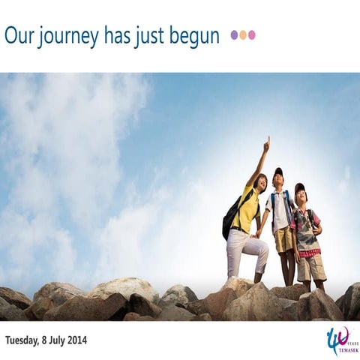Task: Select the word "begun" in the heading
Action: [194, 36]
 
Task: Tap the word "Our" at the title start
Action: [18, 36]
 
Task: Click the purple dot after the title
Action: [235, 34]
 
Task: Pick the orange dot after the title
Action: [243, 34]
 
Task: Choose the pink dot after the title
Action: [252, 34]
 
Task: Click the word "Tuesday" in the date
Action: [23, 340]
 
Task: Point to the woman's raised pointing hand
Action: [266, 142]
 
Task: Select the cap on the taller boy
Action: [278, 172]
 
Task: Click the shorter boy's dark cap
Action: [300, 187]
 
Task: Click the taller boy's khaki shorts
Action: [283, 240]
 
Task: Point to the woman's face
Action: [260, 181]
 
